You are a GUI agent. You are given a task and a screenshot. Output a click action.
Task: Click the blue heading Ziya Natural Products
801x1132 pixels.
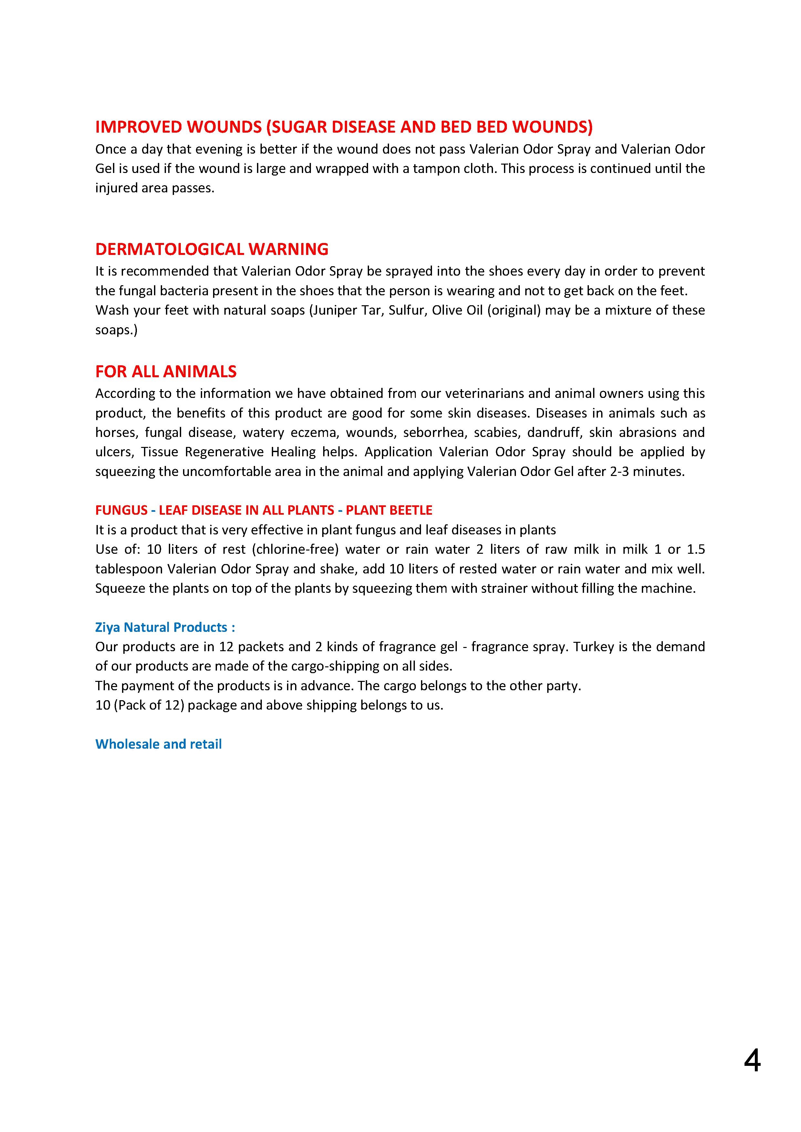(x=165, y=627)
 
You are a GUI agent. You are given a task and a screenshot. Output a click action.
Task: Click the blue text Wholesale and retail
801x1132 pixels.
(x=158, y=744)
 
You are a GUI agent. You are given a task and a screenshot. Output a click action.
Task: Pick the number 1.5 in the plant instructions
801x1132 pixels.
(x=696, y=549)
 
